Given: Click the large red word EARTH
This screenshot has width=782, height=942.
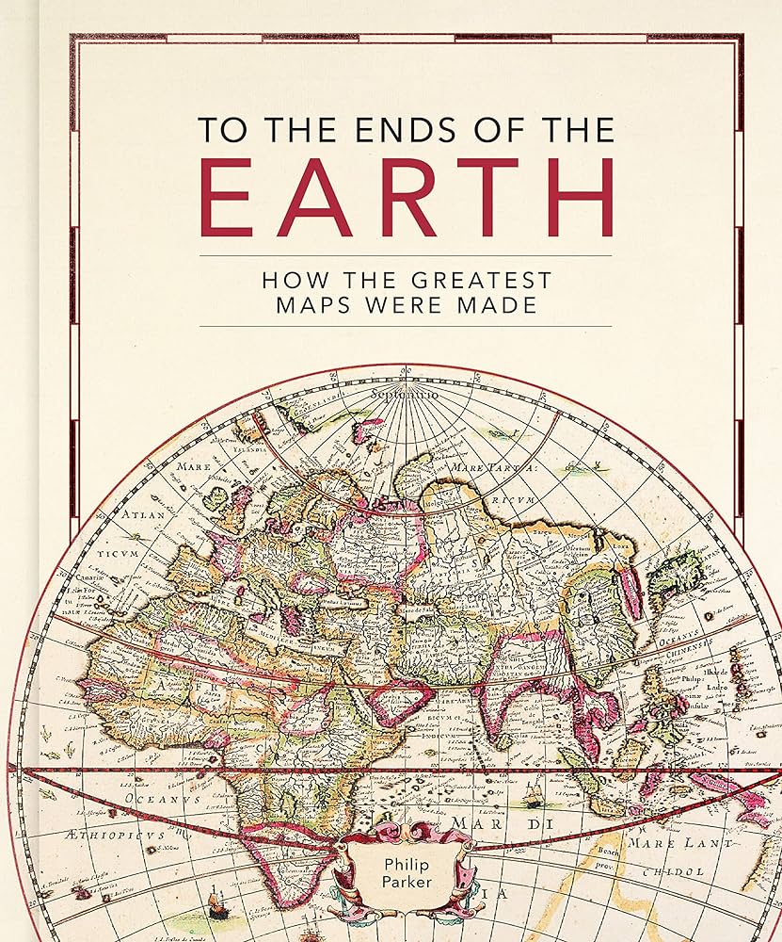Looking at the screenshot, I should (x=407, y=198).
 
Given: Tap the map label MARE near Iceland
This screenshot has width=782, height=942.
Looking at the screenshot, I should (x=188, y=464).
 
